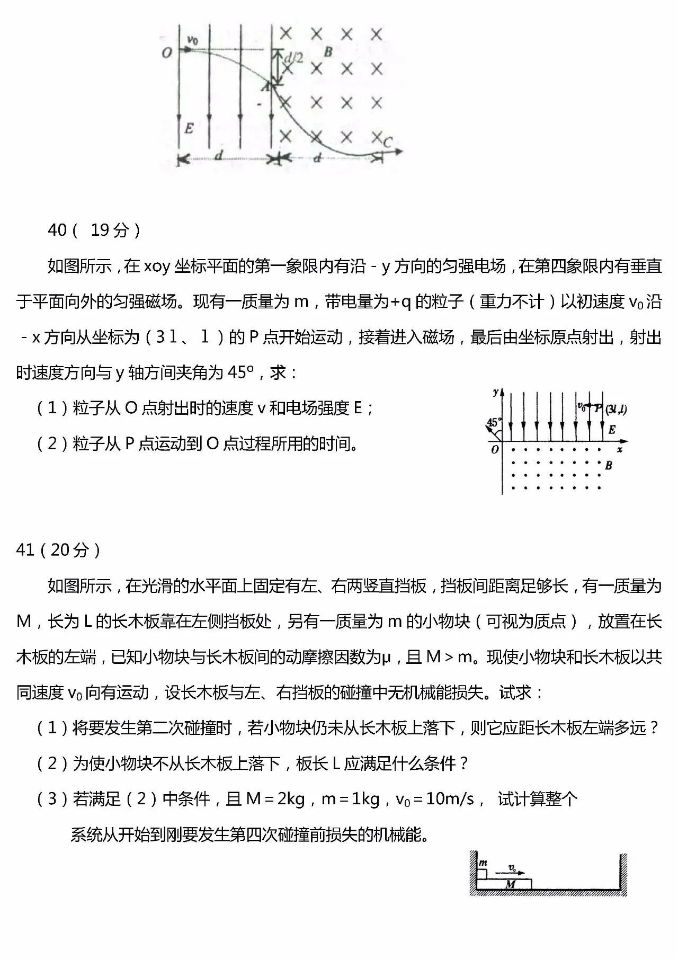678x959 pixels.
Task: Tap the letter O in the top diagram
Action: (x=167, y=52)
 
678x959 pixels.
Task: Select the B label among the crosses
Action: (x=328, y=52)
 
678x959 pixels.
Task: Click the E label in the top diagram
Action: (x=189, y=128)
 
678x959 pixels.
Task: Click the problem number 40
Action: (x=57, y=230)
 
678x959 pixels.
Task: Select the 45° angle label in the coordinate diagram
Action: (x=493, y=422)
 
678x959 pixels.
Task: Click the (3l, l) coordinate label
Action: (x=616, y=409)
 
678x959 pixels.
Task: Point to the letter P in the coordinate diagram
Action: (x=599, y=408)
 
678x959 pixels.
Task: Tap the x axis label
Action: (x=620, y=449)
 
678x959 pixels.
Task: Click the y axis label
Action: (x=495, y=393)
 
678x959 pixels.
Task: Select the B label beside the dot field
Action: (x=609, y=465)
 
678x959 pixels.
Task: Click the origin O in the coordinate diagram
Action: (x=495, y=449)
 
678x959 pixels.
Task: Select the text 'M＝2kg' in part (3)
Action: (x=275, y=799)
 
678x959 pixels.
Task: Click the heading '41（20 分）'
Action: (x=59, y=550)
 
